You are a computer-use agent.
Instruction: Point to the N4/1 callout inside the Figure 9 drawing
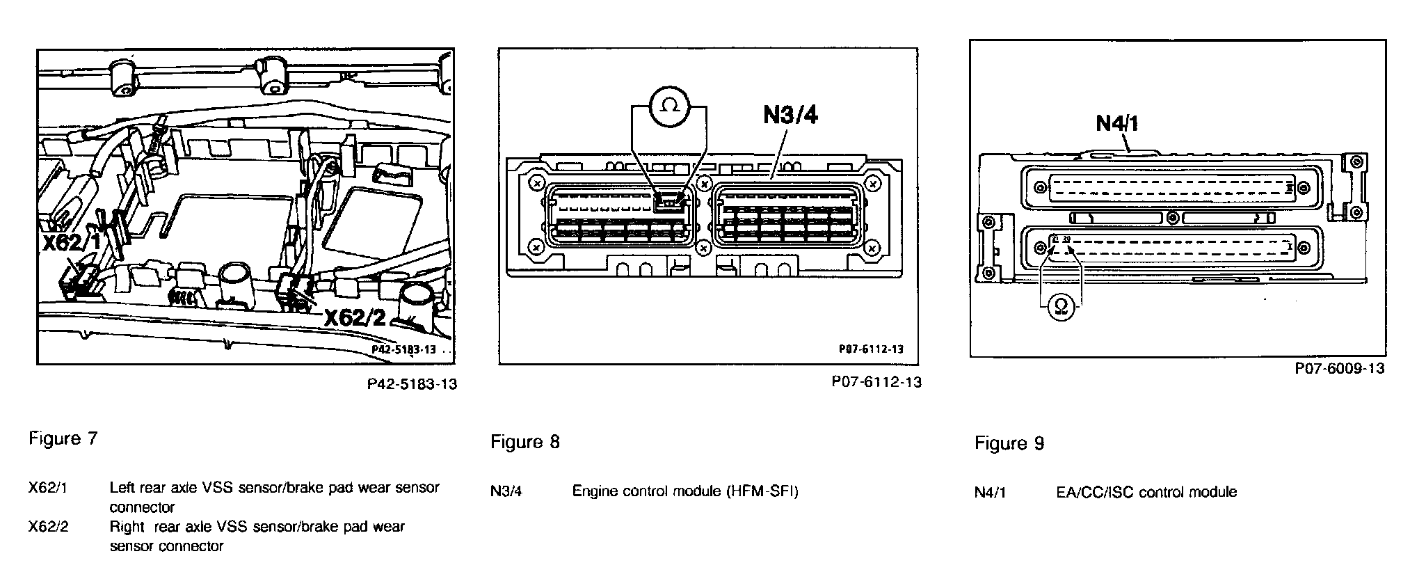coord(1117,123)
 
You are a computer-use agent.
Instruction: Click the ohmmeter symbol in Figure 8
coord(669,105)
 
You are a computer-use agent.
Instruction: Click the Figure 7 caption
coord(63,438)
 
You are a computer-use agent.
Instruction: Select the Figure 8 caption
coord(524,442)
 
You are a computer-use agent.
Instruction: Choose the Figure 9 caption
coord(1009,443)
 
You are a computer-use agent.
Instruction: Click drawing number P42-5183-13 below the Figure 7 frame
coord(412,383)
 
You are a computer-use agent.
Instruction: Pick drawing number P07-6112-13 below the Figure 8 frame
coord(876,382)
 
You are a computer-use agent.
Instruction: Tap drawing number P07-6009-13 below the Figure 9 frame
coord(1339,368)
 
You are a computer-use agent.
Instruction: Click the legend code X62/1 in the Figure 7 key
coord(48,488)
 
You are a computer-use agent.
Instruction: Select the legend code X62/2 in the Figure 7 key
coord(48,527)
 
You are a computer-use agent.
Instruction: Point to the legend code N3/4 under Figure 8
coord(506,491)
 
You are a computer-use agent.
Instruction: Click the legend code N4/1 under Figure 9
coord(990,493)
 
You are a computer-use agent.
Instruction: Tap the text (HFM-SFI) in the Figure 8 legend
coord(762,491)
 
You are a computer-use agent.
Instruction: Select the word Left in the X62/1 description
coord(122,488)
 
